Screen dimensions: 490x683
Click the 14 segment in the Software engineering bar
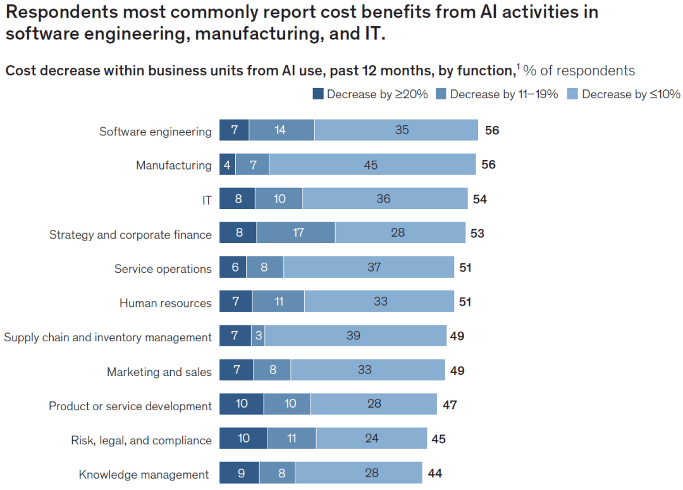(x=281, y=130)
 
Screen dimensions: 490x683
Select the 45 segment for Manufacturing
(x=372, y=165)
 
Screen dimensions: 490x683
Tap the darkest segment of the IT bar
(x=237, y=199)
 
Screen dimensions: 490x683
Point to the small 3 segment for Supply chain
(x=258, y=336)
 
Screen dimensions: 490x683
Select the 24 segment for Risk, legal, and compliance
(x=371, y=438)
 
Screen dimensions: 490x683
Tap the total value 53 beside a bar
(x=477, y=234)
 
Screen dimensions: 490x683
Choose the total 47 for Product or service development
(x=450, y=405)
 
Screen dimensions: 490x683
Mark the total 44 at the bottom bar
(x=435, y=473)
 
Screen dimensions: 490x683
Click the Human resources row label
(x=166, y=303)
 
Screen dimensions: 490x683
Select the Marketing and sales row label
(x=159, y=372)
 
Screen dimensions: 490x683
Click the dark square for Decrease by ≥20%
(x=318, y=94)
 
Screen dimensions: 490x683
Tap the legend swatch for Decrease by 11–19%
(x=441, y=94)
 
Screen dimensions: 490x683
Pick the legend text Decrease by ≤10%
(x=631, y=94)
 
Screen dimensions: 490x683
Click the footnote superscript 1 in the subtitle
(x=518, y=66)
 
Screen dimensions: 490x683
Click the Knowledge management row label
(x=144, y=474)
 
